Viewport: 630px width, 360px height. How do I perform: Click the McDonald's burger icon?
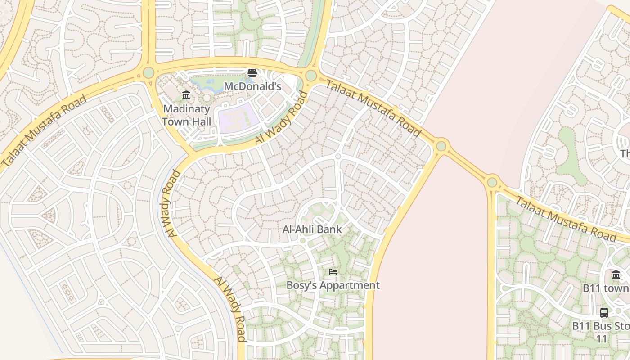click(x=252, y=73)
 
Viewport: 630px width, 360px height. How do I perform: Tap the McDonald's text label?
click(x=252, y=86)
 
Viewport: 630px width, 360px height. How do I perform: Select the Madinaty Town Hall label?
click(x=186, y=115)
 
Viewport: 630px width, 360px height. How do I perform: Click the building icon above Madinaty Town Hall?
click(x=186, y=95)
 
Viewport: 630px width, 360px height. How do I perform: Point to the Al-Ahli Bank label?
click(x=312, y=229)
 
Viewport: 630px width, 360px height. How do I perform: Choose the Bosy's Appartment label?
click(x=333, y=285)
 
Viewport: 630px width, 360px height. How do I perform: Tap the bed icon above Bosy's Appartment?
click(x=333, y=271)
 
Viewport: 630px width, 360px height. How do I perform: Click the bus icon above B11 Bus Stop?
click(x=604, y=312)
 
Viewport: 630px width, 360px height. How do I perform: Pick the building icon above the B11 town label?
click(x=616, y=274)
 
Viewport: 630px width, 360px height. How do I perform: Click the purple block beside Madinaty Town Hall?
click(x=238, y=118)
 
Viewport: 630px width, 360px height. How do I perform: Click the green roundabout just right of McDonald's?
click(x=311, y=76)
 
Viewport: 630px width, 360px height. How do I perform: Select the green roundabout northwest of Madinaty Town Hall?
click(x=148, y=72)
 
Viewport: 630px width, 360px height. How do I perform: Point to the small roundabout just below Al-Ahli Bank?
click(x=303, y=241)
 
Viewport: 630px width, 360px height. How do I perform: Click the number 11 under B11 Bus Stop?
click(x=602, y=339)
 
